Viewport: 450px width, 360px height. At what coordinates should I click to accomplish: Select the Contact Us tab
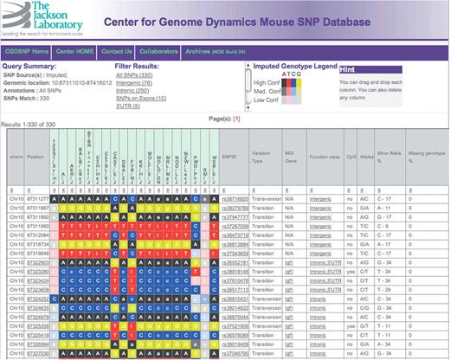click(x=116, y=51)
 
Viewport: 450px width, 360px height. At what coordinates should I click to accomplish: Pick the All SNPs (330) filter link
click(x=133, y=73)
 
